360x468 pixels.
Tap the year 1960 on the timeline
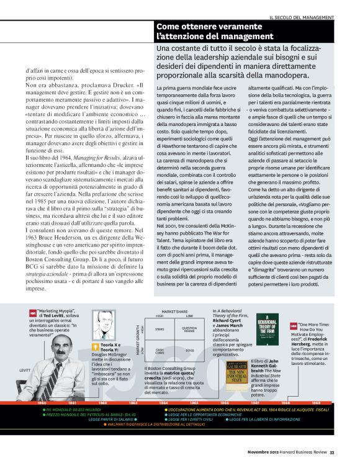(42, 385)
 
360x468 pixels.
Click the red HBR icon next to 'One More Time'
(293, 325)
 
